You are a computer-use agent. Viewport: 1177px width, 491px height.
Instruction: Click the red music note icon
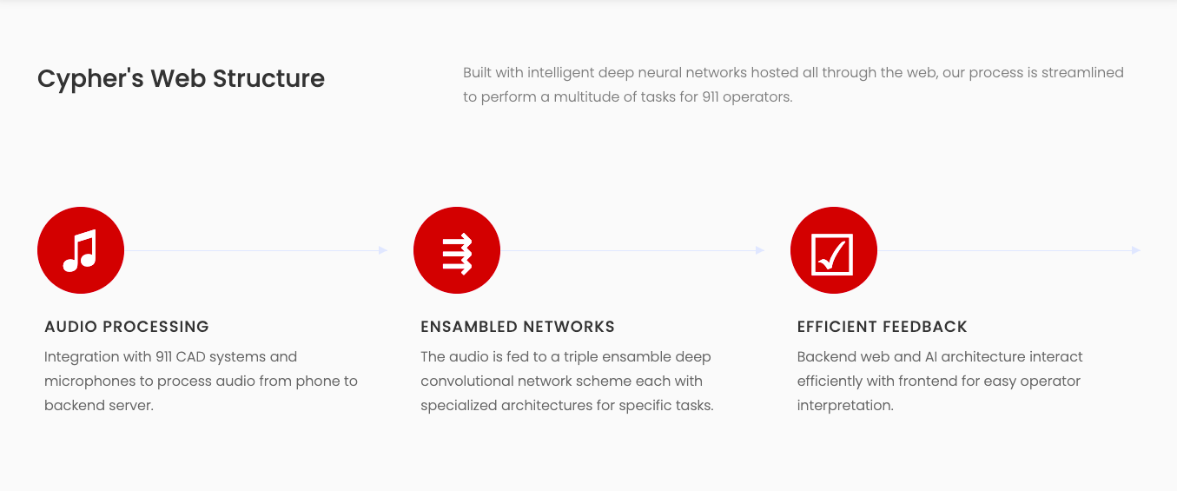pyautogui.click(x=81, y=250)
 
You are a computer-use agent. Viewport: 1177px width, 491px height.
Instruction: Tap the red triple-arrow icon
pyautogui.click(x=457, y=250)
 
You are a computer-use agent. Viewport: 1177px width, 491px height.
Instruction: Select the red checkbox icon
pyautogui.click(x=833, y=250)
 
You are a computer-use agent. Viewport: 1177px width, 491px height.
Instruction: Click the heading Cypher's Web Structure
pyautogui.click(x=181, y=78)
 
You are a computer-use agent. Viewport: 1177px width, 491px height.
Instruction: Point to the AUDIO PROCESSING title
pyautogui.click(x=127, y=327)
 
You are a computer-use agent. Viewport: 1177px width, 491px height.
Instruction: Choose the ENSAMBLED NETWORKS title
pyautogui.click(x=518, y=327)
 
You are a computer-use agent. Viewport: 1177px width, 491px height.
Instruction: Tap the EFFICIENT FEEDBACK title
pyautogui.click(x=882, y=327)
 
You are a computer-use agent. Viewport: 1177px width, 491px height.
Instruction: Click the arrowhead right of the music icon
pyautogui.click(x=383, y=250)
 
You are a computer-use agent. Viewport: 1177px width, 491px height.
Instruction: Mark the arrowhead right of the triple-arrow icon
pyautogui.click(x=760, y=250)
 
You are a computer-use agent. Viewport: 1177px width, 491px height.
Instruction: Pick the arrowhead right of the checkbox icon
pyautogui.click(x=1136, y=250)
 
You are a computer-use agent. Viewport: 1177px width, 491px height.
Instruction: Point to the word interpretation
pyautogui.click(x=845, y=405)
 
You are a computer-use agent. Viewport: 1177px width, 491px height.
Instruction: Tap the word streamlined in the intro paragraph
pyautogui.click(x=1083, y=72)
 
